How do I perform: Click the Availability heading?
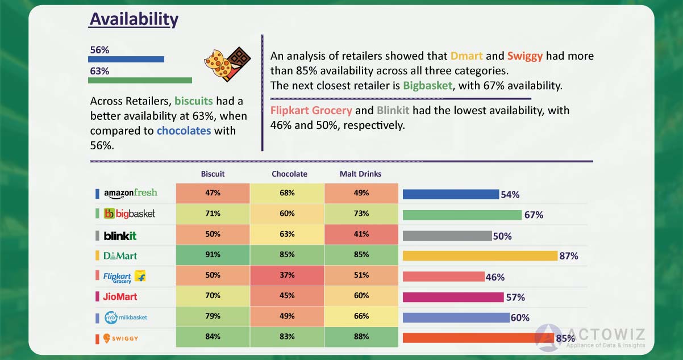tap(134, 19)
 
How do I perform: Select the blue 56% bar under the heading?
tap(126, 59)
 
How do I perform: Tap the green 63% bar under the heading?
tap(140, 80)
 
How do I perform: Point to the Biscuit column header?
tap(213, 174)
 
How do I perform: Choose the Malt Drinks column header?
tap(360, 174)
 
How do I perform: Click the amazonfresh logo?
tap(131, 193)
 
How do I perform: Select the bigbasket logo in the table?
tap(130, 214)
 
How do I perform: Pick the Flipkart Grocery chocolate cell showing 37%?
tap(287, 276)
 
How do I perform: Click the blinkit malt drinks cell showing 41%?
tap(361, 235)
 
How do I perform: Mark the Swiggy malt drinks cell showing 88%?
tap(361, 337)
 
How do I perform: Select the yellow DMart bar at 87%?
tap(480, 256)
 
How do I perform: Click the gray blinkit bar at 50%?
tap(447, 235)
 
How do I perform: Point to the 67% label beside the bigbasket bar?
tap(534, 215)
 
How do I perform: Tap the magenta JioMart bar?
tap(453, 297)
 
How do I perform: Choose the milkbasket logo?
tap(126, 317)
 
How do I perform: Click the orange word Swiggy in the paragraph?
tap(525, 56)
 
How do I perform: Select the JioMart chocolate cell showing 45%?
tap(287, 296)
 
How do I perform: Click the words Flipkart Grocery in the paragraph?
tap(311, 111)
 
